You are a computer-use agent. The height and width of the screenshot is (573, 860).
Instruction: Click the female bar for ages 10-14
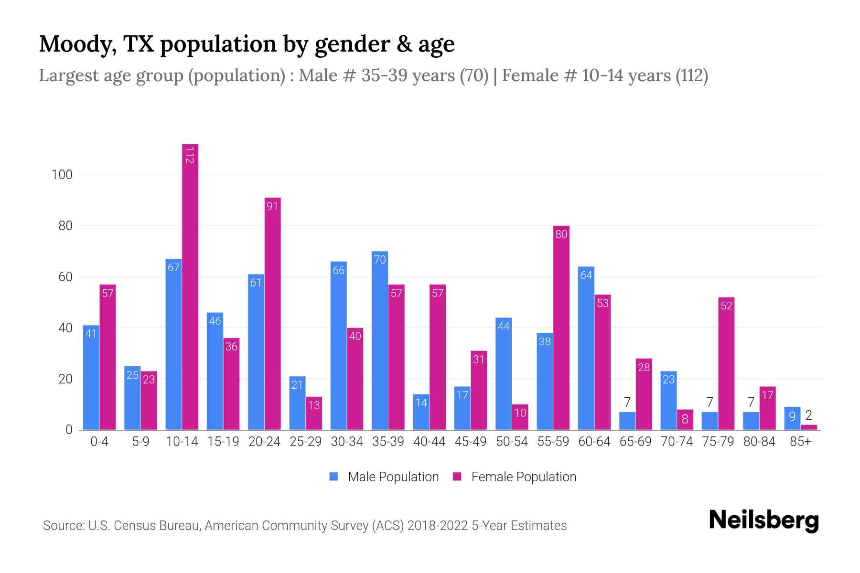tap(190, 286)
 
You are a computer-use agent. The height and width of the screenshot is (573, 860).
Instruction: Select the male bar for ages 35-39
tap(380, 341)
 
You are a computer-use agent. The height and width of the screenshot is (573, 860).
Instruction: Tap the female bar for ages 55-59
tap(561, 329)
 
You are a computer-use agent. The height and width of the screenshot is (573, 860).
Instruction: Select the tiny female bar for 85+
tap(809, 427)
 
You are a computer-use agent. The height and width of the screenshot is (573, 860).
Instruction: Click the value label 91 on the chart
tap(272, 206)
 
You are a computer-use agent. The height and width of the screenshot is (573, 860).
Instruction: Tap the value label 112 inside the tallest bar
tap(190, 155)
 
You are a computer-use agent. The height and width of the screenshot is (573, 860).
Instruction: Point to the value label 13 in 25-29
tap(314, 405)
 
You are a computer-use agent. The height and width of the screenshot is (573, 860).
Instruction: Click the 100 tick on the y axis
tap(62, 175)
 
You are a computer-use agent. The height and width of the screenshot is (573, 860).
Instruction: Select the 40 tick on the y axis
tap(65, 328)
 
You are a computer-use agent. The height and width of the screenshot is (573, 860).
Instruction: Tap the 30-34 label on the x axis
tap(347, 442)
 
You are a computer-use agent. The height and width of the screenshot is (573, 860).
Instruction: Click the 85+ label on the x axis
tap(800, 442)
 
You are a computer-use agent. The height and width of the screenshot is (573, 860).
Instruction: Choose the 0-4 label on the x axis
tap(99, 442)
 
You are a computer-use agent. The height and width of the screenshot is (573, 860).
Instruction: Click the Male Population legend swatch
tap(333, 477)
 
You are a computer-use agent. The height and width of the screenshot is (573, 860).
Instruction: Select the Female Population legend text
tap(524, 477)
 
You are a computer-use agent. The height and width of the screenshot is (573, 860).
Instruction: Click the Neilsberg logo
tap(763, 520)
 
